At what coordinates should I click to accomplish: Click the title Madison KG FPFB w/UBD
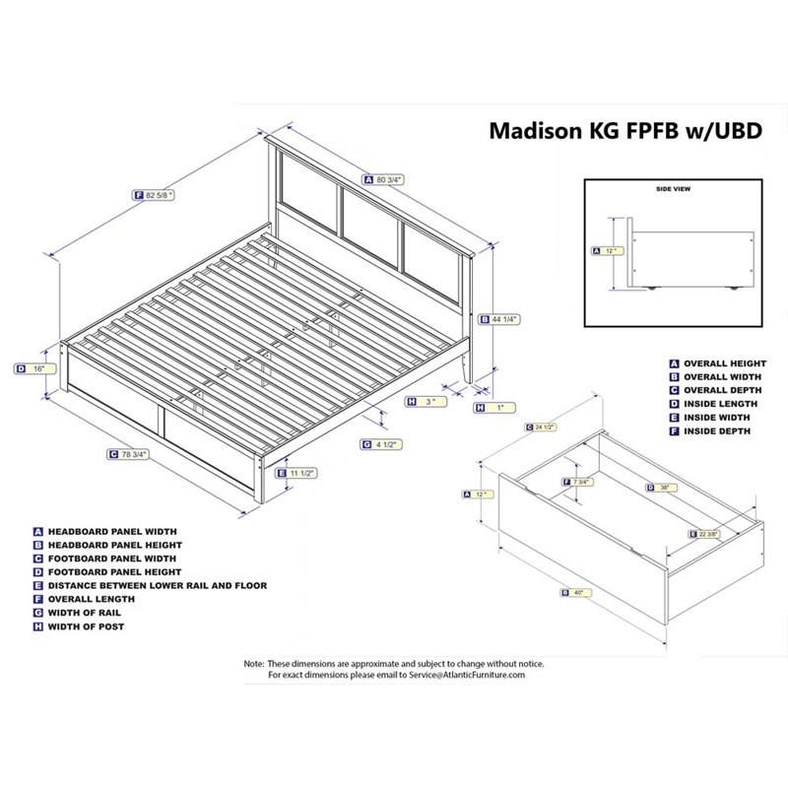pyautogui.click(x=625, y=132)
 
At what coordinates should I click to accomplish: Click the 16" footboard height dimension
pyautogui.click(x=34, y=368)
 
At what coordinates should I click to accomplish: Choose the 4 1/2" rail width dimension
pyautogui.click(x=384, y=443)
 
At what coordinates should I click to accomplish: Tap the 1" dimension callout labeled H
pyautogui.click(x=495, y=407)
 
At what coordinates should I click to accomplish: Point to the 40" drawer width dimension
pyautogui.click(x=576, y=592)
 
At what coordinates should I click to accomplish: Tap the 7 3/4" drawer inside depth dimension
pyautogui.click(x=579, y=482)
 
